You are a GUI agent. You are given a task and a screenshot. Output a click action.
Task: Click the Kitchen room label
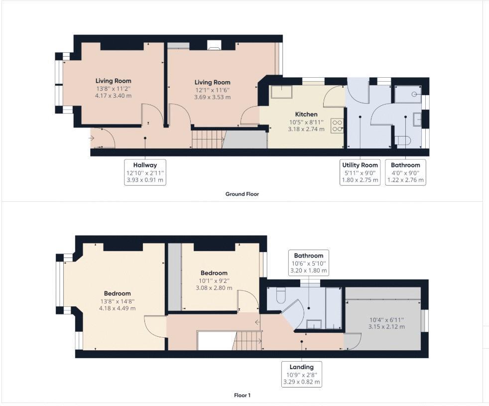[306, 114]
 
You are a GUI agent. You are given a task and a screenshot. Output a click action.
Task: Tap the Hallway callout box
[145, 172]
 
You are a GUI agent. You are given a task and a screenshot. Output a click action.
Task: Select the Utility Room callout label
[360, 172]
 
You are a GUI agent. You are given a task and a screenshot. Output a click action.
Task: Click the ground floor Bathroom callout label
[405, 172]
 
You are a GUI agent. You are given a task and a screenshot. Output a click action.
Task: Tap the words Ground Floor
[242, 194]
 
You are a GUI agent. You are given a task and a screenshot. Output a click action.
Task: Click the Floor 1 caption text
[242, 395]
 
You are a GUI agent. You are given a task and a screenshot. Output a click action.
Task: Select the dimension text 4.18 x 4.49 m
[117, 308]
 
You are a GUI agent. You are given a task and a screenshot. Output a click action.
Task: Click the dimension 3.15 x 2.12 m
[386, 326]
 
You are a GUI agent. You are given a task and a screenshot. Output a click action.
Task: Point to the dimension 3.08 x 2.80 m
[214, 287]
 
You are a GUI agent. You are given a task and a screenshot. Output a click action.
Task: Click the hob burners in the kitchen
[337, 125]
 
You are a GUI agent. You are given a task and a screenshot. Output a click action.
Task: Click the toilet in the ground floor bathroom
[402, 141]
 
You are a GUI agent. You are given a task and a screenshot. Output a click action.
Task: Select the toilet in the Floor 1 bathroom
[279, 295]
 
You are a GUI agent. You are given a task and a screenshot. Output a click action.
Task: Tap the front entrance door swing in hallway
[104, 138]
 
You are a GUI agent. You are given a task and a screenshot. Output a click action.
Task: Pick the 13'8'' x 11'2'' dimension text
[114, 88]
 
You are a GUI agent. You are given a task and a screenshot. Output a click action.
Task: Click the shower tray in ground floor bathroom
[408, 94]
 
